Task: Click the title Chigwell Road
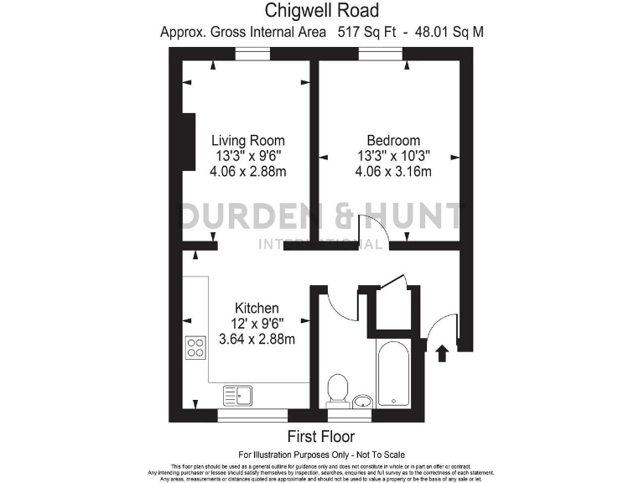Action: (322, 11)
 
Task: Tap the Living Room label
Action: (247, 140)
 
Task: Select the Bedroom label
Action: (393, 140)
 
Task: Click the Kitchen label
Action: (257, 309)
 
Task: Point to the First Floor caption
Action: (321, 436)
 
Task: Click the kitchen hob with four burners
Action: (195, 346)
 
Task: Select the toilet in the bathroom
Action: (338, 389)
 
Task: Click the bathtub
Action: (392, 374)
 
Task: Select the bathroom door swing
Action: (333, 304)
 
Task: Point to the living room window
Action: (252, 54)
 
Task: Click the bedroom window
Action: (382, 54)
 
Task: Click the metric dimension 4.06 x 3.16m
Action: (393, 172)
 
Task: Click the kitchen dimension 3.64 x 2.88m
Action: (257, 340)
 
